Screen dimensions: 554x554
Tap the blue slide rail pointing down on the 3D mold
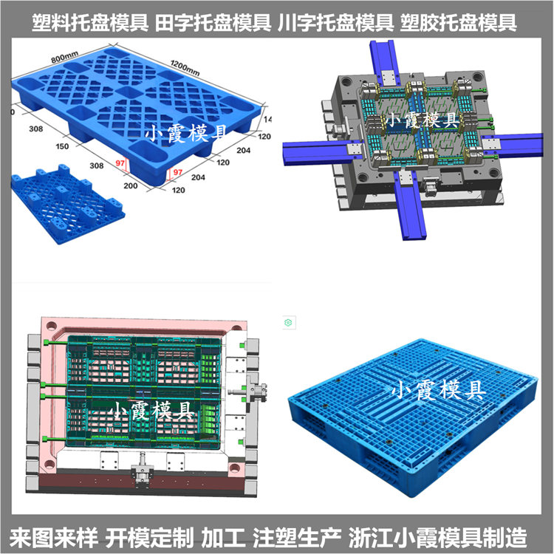point(411,211)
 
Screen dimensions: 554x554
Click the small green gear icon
point(289,323)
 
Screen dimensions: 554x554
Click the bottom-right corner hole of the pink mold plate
point(234,466)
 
